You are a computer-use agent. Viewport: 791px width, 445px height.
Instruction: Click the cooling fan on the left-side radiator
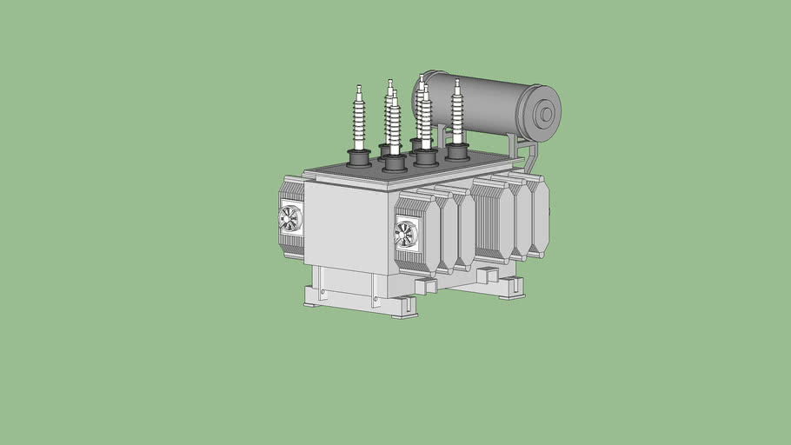coord(289,218)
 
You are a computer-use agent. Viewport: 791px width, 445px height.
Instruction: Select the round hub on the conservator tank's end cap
coord(547,113)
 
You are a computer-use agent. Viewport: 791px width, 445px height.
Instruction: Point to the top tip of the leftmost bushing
coord(359,87)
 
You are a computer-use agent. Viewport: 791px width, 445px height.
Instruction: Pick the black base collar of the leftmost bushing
coord(359,158)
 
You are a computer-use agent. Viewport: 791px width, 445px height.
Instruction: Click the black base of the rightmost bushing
coord(457,153)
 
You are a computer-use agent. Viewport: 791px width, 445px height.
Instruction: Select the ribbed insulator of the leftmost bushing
coord(359,122)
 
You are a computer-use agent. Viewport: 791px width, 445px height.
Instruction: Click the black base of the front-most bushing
coord(395,163)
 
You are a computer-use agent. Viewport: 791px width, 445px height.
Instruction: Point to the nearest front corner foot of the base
coord(405,307)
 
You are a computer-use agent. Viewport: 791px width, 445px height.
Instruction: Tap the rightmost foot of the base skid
coord(511,287)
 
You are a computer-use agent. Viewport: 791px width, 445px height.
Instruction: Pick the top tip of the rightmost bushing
coord(457,83)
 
